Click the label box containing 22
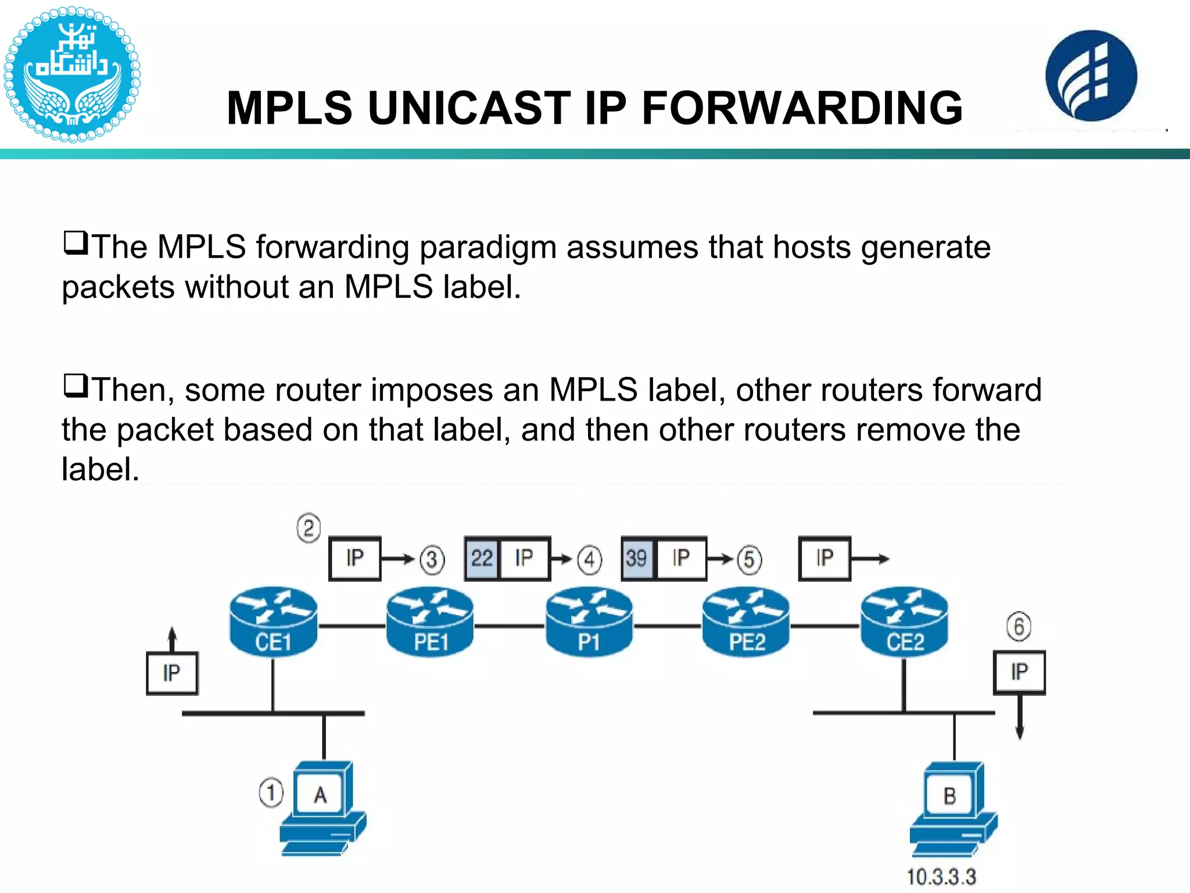pos(482,559)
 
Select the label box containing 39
pos(637,559)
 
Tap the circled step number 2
pos(309,528)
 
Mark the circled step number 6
pos(1019,627)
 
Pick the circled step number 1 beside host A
pos(271,793)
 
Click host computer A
pos(322,808)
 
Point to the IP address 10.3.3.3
pos(941,877)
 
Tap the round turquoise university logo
pos(72,74)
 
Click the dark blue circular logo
pos(1091,76)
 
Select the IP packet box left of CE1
pos(172,673)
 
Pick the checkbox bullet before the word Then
pos(76,385)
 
